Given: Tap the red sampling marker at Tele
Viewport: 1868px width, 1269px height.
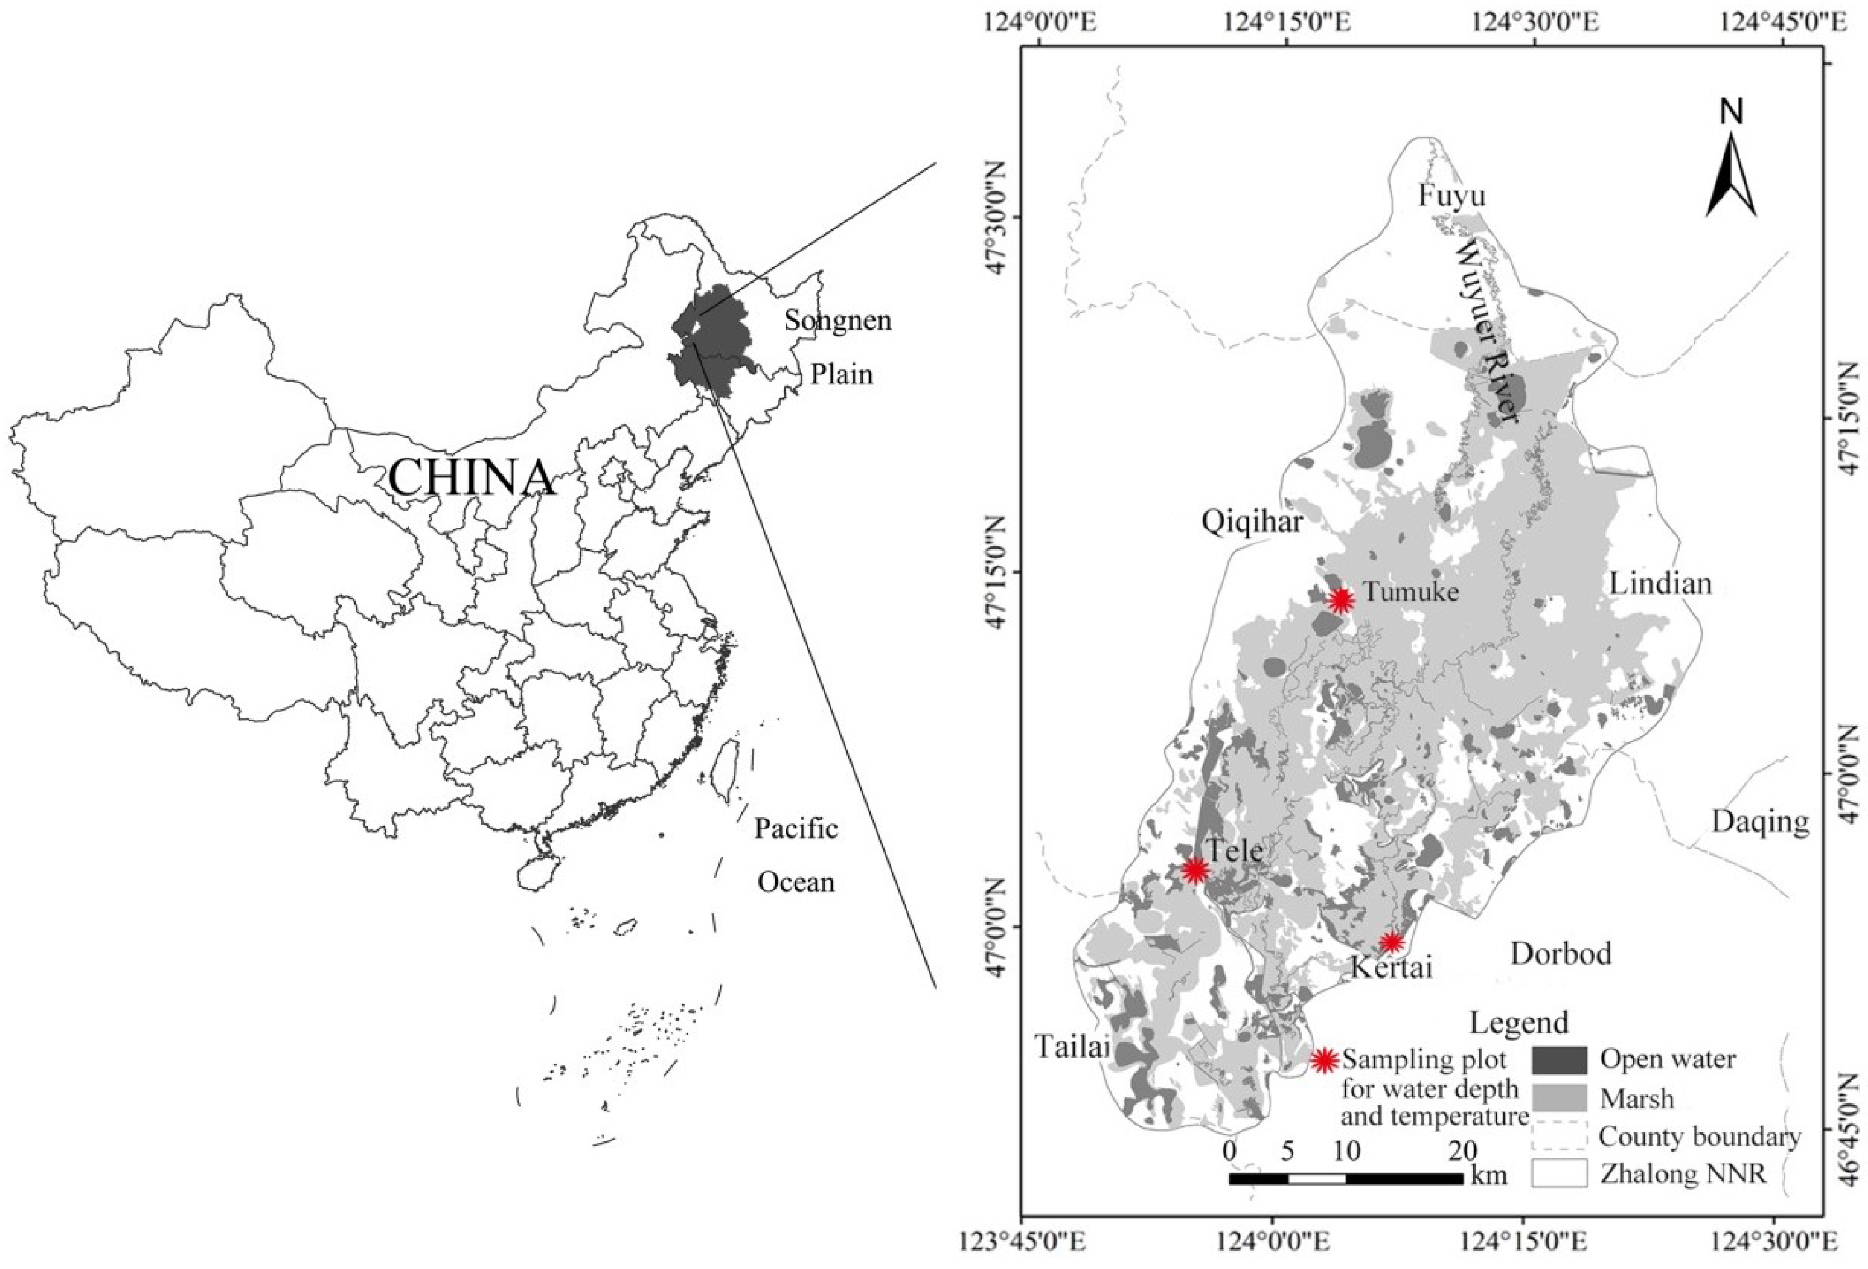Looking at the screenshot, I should click(1196, 870).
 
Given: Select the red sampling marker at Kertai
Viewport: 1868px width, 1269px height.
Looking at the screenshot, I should click(1392, 942).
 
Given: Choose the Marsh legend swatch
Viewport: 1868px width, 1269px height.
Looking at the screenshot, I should click(1559, 1098).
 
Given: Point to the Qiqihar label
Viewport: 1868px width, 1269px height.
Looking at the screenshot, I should click(1251, 523).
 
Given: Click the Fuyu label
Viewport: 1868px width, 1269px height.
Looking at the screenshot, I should click(1451, 195).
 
